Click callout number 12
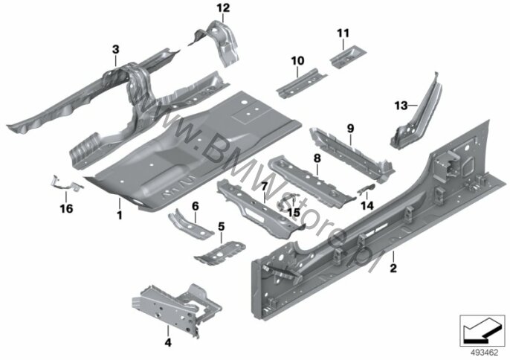pyautogui.click(x=223, y=8)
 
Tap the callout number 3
pyautogui.click(x=115, y=50)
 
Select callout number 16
pyautogui.click(x=66, y=208)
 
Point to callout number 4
pyautogui.click(x=168, y=342)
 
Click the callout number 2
pyautogui.click(x=393, y=269)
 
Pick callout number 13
pyautogui.click(x=401, y=106)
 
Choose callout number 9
pyautogui.click(x=350, y=129)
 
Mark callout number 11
pyautogui.click(x=343, y=33)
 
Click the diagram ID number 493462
pyautogui.click(x=485, y=353)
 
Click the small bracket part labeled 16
pyautogui.click(x=66, y=183)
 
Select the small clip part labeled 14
pyautogui.click(x=367, y=188)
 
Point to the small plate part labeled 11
pyautogui.click(x=349, y=57)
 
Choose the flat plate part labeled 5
pyautogui.click(x=220, y=253)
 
